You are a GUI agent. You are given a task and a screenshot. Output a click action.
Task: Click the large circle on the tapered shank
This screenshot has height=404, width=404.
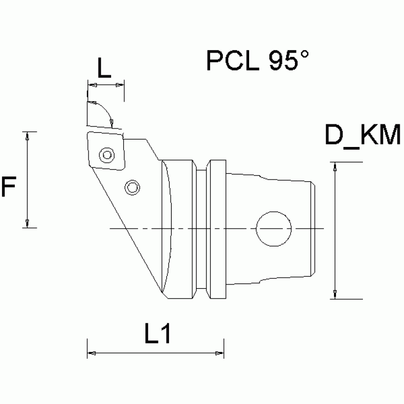click(x=273, y=229)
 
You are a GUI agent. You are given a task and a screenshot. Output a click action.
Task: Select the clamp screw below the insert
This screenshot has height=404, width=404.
click(x=132, y=187)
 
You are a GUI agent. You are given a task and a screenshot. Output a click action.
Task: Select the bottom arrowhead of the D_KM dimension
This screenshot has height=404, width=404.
click(x=334, y=294)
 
